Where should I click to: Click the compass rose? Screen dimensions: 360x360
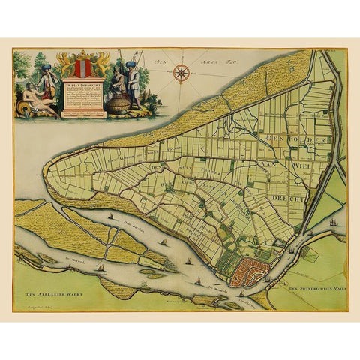point(180,73)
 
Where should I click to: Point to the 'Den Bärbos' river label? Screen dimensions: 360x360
point(136,228)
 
